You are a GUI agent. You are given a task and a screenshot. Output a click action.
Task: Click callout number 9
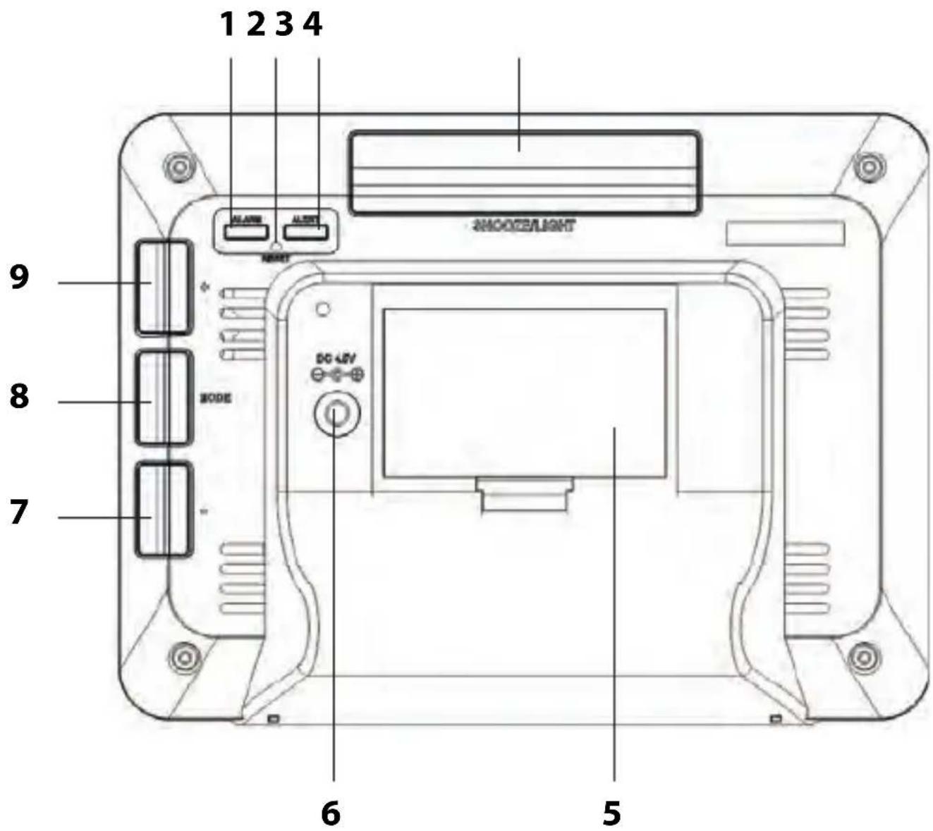(19, 277)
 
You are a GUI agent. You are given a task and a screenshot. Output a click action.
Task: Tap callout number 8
(19, 396)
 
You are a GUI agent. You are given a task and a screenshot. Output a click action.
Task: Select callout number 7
(19, 512)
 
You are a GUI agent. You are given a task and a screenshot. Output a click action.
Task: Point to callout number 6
(330, 812)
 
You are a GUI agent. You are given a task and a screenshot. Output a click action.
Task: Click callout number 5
(611, 812)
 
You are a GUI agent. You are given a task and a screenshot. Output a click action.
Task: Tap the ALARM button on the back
(246, 232)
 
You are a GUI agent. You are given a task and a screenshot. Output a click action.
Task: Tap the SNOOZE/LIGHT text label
(522, 226)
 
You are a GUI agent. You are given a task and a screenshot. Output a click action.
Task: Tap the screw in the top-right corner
(865, 166)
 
